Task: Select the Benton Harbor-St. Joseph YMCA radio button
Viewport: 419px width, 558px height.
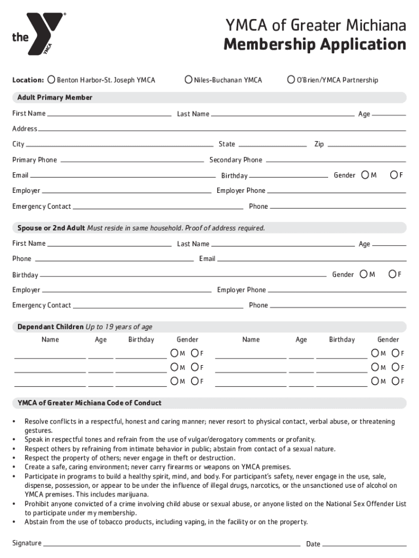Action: pyautogui.click(x=51, y=80)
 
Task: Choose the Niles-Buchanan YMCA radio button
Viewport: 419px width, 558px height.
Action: pyautogui.click(x=189, y=80)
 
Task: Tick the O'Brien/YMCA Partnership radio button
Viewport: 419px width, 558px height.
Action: pyautogui.click(x=291, y=80)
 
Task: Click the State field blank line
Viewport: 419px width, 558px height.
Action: pyautogui.click(x=273, y=145)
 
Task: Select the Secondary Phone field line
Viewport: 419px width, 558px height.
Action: pyautogui.click(x=335, y=160)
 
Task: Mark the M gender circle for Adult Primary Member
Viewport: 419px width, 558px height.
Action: pyautogui.click(x=365, y=175)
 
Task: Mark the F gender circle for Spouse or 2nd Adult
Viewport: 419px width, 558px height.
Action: pyautogui.click(x=392, y=274)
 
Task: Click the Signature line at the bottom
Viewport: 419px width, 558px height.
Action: pyautogui.click(x=171, y=544)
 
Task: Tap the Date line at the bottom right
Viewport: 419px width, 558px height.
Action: pyautogui.click(x=365, y=544)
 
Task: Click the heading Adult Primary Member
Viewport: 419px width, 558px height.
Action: pyautogui.click(x=55, y=98)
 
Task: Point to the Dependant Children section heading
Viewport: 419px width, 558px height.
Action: pyautogui.click(x=85, y=327)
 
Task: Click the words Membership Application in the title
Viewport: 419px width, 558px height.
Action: pyautogui.click(x=315, y=45)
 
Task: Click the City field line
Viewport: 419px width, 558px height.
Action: pyautogui.click(x=119, y=145)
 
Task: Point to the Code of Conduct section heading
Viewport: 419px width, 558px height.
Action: pyautogui.click(x=90, y=403)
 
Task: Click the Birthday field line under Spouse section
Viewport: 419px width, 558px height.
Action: pyautogui.click(x=182, y=275)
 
